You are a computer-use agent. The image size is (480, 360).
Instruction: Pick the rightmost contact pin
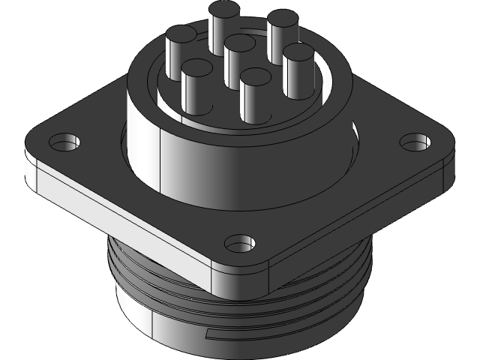click(298, 54)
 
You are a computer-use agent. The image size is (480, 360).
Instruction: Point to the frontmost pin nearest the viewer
click(256, 78)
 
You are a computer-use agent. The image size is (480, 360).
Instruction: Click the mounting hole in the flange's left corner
click(65, 140)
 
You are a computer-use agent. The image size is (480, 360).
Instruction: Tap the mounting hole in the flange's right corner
click(412, 140)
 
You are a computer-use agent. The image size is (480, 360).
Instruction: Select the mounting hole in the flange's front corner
click(239, 243)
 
